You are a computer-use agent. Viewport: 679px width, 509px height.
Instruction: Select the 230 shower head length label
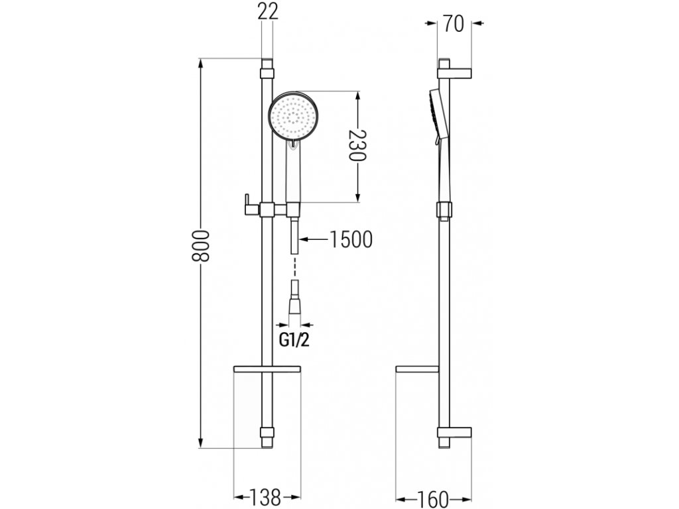coord(357,146)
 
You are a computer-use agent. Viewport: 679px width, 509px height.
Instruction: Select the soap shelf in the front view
coord(267,368)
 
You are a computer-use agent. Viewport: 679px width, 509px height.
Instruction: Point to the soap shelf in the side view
coord(416,368)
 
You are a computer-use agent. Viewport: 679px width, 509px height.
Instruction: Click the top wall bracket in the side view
coord(455,68)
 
